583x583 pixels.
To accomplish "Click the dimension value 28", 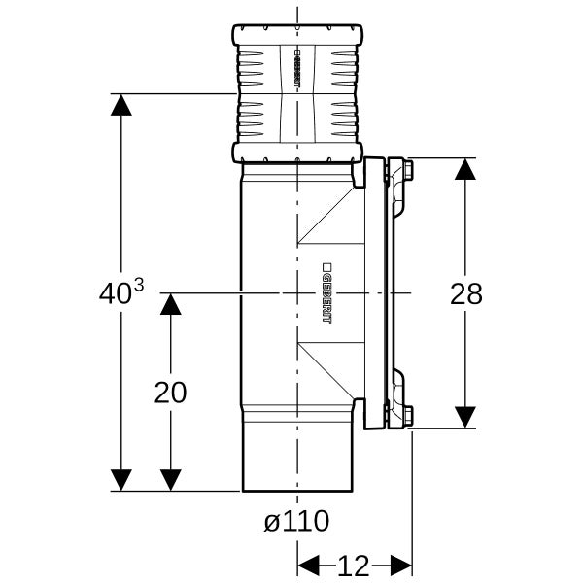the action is tap(465, 293).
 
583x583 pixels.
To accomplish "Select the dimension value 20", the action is tap(170, 393).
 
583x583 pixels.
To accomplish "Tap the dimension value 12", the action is tap(353, 566).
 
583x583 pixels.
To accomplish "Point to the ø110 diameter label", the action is tap(296, 521).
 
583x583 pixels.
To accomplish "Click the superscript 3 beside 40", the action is tap(138, 287).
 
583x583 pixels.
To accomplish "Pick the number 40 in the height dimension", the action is tap(116, 293).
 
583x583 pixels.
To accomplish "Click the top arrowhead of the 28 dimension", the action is tap(465, 169).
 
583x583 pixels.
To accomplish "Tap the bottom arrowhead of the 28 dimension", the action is tap(465, 417).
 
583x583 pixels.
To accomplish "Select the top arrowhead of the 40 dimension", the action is tap(121, 105).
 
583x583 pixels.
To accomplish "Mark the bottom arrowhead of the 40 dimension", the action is tap(121, 480).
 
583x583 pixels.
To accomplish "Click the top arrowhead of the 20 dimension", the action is tap(171, 304).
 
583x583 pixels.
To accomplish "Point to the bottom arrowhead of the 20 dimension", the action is tap(171, 480).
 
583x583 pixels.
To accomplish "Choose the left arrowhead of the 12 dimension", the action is tap(308, 566).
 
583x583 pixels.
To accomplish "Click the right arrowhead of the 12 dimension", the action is tap(401, 566).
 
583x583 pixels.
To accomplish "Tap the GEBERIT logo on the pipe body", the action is tap(326, 293).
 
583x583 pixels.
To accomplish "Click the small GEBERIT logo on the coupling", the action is tap(296, 68).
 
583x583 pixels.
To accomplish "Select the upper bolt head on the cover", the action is tap(409, 169).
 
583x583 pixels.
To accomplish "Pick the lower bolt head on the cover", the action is tap(409, 415).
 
